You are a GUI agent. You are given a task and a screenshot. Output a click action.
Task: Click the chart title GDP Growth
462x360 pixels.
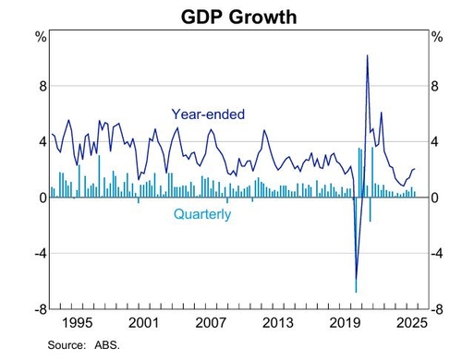(x=239, y=17)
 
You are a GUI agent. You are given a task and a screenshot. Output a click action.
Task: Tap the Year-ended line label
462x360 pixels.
(x=208, y=114)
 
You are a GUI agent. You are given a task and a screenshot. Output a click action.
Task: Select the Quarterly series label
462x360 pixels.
(x=202, y=214)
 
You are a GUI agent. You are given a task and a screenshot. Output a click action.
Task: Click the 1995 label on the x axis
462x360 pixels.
(x=78, y=323)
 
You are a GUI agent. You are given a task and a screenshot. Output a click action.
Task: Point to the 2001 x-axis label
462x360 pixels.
(x=143, y=323)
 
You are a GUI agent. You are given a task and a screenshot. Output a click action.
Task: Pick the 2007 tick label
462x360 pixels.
(x=211, y=323)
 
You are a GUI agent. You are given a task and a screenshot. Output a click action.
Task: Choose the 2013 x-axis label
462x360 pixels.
(x=278, y=323)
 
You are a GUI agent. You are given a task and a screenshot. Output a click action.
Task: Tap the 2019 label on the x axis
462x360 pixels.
(x=345, y=323)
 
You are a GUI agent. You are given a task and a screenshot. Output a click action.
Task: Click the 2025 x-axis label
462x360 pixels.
(x=412, y=323)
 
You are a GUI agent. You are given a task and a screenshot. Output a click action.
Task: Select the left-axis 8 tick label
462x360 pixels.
(x=43, y=86)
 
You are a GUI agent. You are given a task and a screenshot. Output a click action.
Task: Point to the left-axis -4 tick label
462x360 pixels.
(x=41, y=254)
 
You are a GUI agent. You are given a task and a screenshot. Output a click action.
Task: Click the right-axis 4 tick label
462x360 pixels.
(x=434, y=142)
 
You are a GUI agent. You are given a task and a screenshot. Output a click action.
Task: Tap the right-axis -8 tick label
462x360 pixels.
(x=437, y=309)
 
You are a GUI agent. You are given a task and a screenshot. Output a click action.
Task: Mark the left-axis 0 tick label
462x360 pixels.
(x=43, y=198)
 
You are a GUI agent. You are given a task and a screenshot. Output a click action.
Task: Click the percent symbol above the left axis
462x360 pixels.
(x=41, y=37)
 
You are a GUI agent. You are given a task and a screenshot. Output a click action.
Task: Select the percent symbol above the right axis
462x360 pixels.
(x=437, y=37)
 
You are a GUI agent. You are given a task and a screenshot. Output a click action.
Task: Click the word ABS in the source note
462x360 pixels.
(x=105, y=345)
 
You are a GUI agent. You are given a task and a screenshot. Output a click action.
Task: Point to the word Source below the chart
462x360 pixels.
(x=66, y=345)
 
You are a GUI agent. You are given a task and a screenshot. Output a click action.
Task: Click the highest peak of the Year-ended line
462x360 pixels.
(x=367, y=55)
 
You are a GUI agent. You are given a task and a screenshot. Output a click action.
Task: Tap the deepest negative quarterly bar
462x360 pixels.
(x=356, y=245)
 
